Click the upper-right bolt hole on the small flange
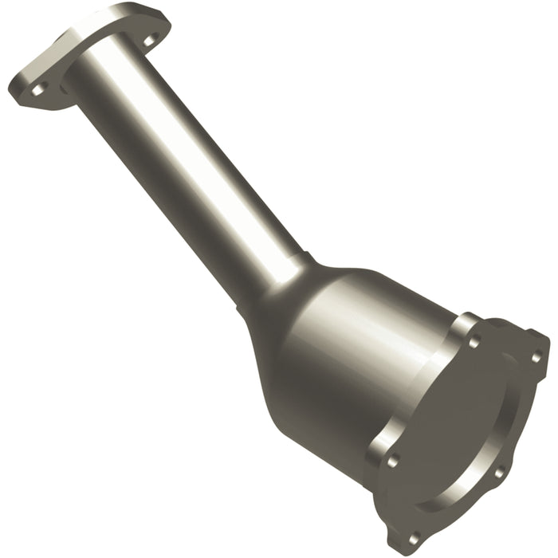(149, 39)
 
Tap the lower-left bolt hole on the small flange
(37, 89)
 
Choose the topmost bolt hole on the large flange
(474, 342)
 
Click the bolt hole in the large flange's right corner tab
(536, 356)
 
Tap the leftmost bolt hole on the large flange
(391, 459)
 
